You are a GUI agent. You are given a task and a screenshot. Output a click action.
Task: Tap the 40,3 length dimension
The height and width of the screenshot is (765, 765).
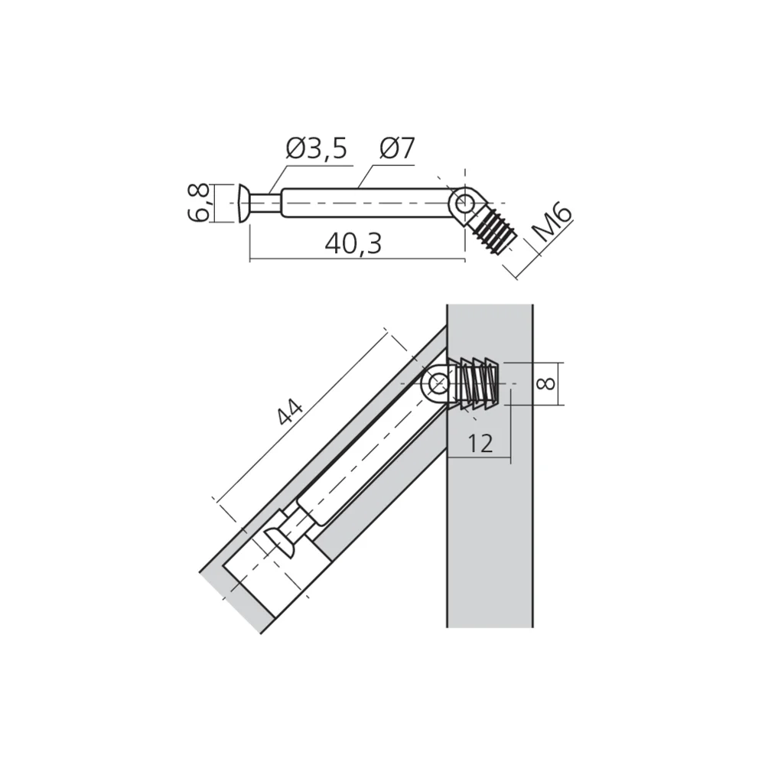[x=353, y=243]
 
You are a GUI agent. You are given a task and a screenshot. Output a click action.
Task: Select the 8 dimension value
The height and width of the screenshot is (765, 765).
[x=545, y=382]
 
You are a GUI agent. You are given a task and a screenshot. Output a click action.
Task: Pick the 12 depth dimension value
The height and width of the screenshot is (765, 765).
[x=480, y=443]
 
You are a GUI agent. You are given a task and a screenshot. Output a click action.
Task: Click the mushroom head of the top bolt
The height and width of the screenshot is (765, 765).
[x=243, y=203]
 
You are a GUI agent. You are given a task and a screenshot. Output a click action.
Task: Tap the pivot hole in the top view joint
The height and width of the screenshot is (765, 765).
[x=463, y=203]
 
